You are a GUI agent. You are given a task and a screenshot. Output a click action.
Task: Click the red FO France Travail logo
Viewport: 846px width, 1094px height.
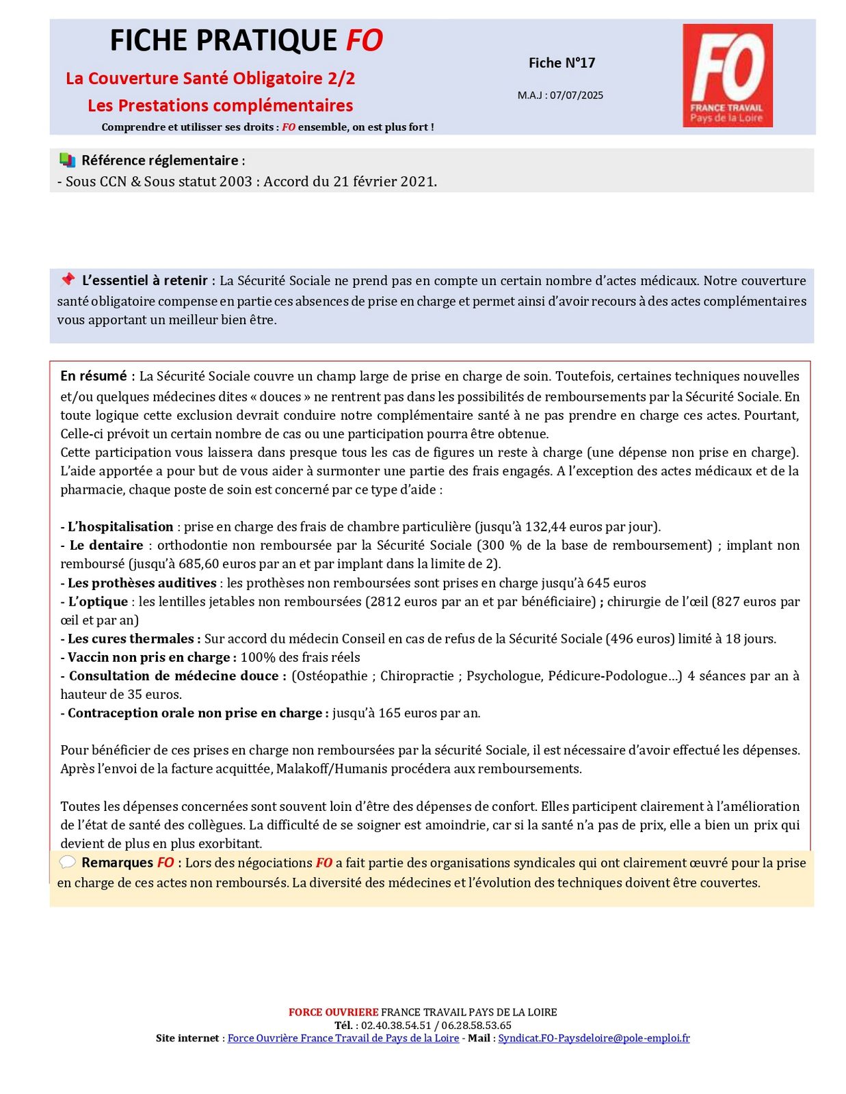(727, 75)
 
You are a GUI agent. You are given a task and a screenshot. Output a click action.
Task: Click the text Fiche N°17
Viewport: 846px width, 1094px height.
(561, 63)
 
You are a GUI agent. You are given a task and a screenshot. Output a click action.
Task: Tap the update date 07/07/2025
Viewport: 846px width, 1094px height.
(577, 96)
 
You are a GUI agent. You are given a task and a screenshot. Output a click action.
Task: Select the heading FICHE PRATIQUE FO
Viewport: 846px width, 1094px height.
(246, 41)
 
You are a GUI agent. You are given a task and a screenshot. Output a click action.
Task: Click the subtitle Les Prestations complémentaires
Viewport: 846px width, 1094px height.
(220, 106)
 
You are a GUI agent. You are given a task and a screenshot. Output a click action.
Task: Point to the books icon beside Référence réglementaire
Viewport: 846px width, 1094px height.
(67, 161)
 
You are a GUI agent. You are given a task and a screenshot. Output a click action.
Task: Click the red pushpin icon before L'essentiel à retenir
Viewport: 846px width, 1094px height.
(67, 280)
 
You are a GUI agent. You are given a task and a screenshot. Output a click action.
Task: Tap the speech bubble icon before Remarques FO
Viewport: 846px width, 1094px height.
(67, 862)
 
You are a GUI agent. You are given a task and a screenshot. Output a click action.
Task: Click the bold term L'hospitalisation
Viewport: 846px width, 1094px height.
(120, 526)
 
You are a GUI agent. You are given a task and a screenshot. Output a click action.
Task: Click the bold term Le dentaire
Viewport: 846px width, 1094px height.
(106, 546)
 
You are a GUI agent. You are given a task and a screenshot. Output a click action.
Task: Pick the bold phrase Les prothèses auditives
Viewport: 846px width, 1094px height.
(142, 583)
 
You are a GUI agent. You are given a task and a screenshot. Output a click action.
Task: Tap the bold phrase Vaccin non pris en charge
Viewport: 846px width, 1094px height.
(150, 657)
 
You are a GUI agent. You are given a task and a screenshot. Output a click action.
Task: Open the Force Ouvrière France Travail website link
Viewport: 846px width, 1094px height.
(343, 1038)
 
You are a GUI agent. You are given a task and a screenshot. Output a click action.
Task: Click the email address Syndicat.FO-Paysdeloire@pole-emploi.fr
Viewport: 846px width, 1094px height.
(594, 1038)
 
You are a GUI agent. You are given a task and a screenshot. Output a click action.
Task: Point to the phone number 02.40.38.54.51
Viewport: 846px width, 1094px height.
(396, 1025)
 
